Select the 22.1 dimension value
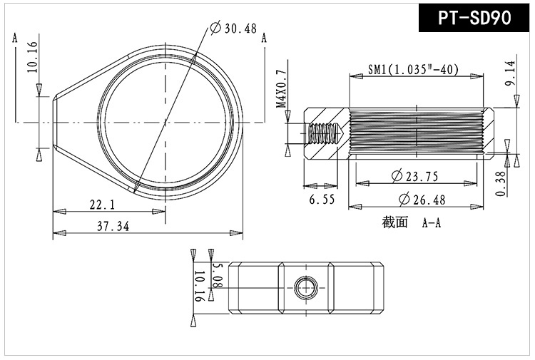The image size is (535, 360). coord(102,205)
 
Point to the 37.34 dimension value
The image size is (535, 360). coord(114,226)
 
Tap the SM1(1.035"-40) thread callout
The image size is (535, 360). coord(413,69)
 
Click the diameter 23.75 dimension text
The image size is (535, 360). coord(414,176)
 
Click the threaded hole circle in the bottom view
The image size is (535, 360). coord(306,288)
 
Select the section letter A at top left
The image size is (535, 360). coord(15,39)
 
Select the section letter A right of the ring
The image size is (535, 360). coord(264,39)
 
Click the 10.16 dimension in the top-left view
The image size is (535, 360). coord(31,57)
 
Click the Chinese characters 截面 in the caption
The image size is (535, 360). coord(394,222)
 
